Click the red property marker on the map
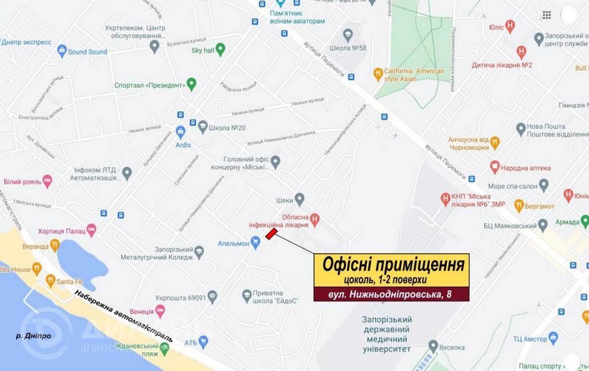coord(272,234)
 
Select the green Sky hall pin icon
coord(220,49)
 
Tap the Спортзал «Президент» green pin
coord(191,84)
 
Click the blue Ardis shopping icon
coord(180,131)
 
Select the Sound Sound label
coord(87,52)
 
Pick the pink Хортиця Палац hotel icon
coord(91,228)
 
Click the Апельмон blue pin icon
coord(256,241)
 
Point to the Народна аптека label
coord(525,167)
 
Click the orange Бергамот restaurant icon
coord(519,206)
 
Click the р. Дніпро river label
coord(33,336)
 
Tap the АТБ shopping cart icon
coord(204,340)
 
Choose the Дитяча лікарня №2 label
coord(501,65)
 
